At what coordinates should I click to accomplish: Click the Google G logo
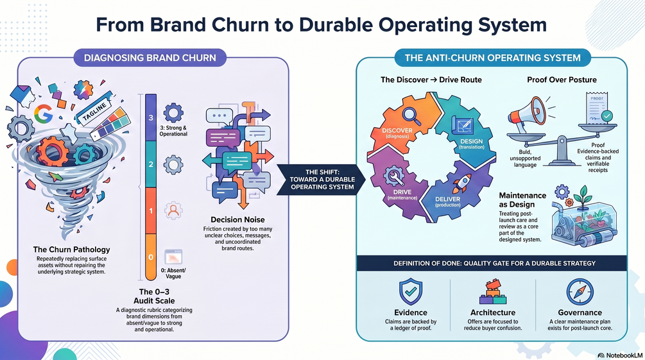tap(43, 114)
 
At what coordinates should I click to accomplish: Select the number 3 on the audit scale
tap(151, 117)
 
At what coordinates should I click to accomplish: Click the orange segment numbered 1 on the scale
tap(151, 211)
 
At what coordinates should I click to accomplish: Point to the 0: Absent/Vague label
tap(173, 273)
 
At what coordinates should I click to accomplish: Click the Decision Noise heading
tap(237, 219)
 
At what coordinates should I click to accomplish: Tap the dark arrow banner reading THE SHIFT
tap(322, 180)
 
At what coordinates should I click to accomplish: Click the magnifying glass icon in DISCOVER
tap(411, 116)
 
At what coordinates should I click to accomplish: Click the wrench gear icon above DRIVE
tap(395, 176)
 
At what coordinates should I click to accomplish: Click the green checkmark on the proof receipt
tap(606, 116)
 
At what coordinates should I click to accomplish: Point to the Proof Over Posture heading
tap(562, 80)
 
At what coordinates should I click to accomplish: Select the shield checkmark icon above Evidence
tap(411, 292)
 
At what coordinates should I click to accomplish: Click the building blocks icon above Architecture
tap(493, 292)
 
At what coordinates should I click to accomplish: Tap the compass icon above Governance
tap(580, 292)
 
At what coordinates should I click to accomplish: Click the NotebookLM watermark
tap(620, 355)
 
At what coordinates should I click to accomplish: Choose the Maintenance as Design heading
tap(522, 200)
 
